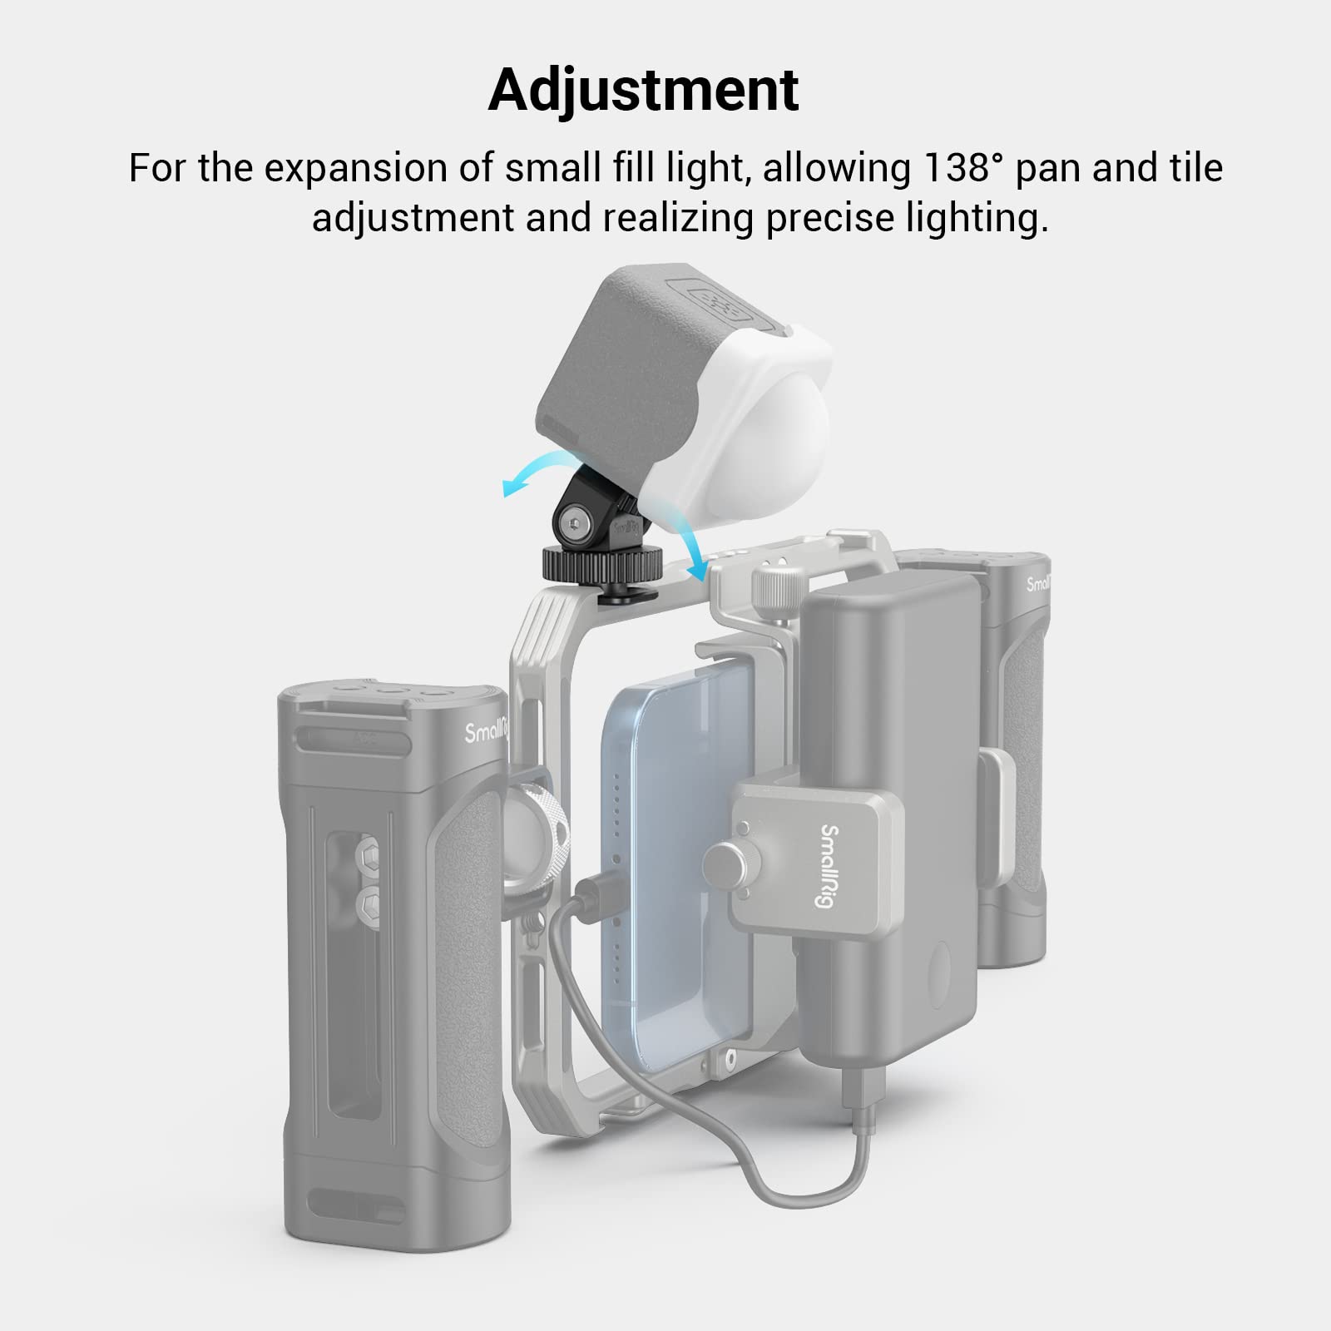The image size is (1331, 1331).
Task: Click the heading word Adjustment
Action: pos(643,90)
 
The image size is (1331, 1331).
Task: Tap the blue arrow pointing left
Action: pos(520,482)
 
